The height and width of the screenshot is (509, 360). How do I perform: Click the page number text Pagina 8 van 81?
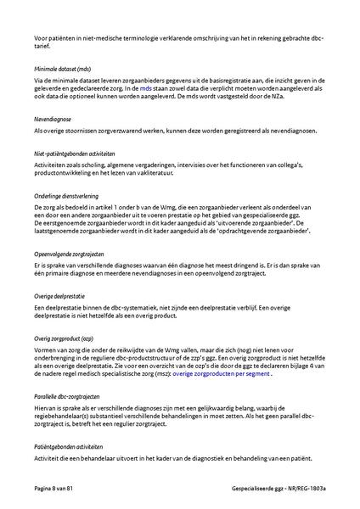[x=55, y=489]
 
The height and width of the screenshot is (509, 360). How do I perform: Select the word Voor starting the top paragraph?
[x=42, y=39]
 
